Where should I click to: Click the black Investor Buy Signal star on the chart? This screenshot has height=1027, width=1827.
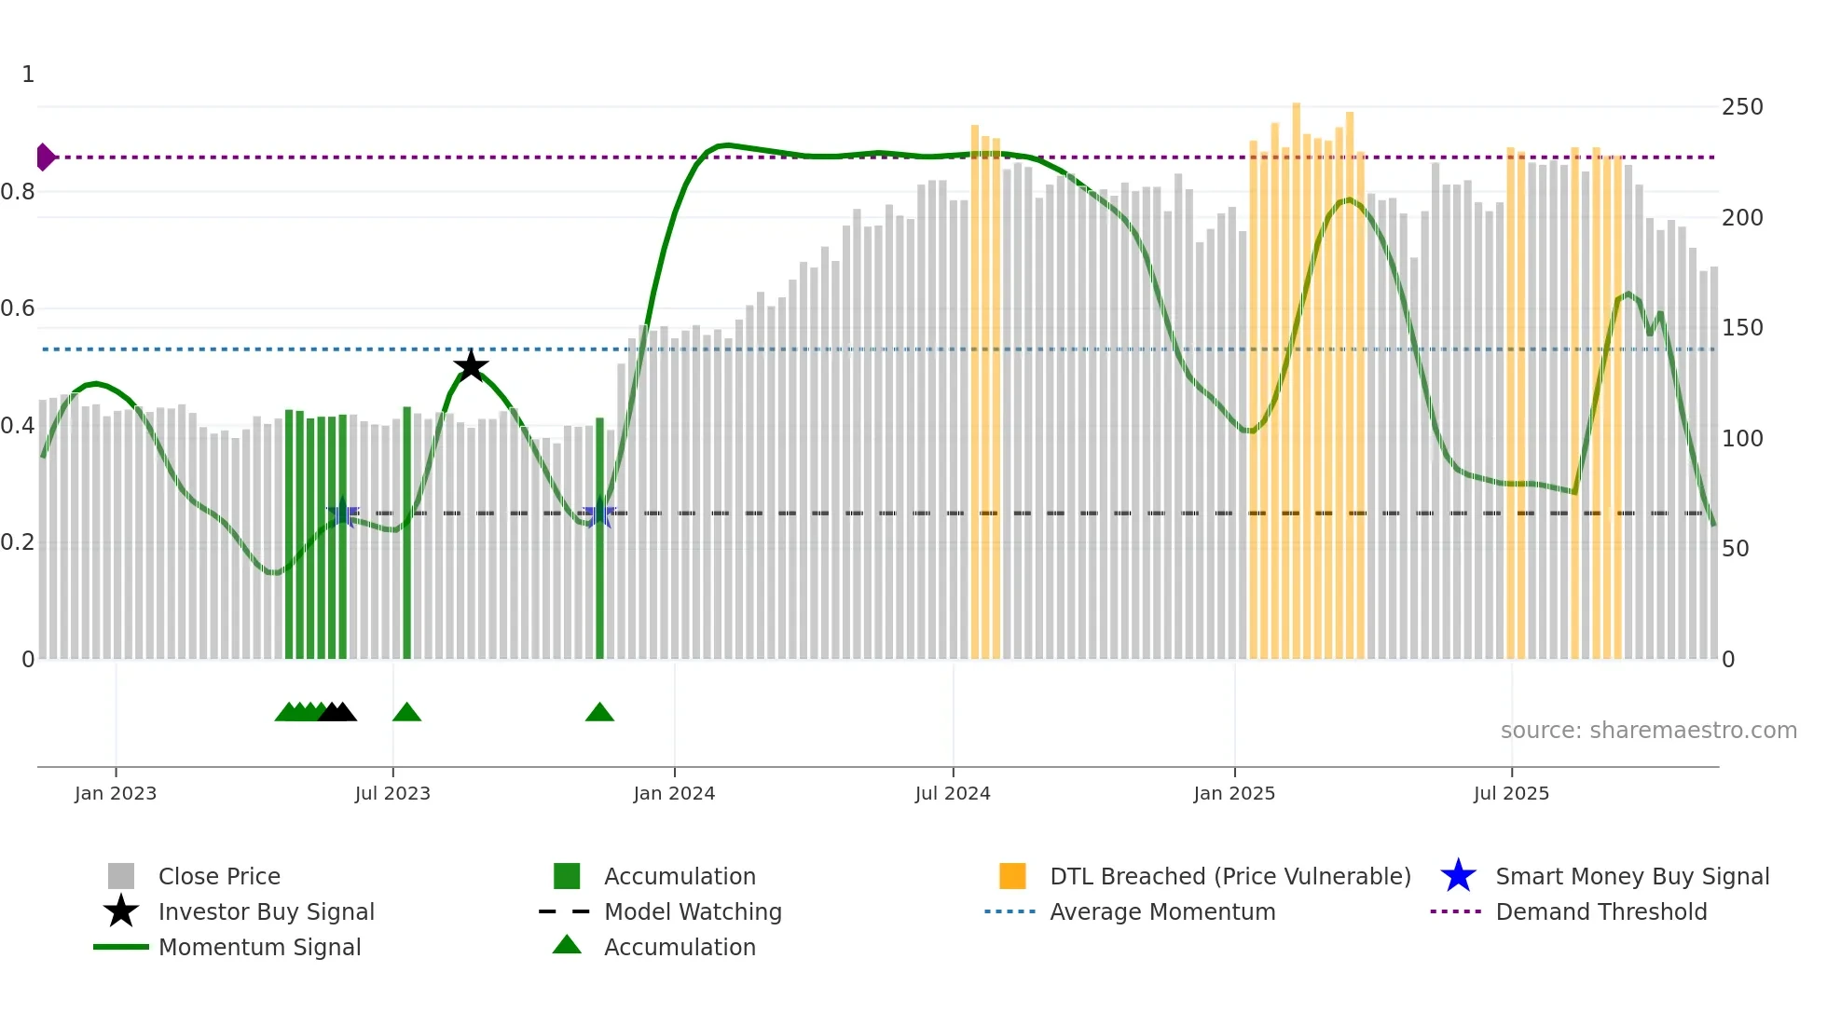471,366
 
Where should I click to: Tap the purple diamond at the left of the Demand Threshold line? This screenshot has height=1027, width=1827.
45,157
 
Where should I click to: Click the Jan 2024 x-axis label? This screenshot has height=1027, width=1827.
674,794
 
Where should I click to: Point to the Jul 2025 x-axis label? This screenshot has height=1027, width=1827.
1511,794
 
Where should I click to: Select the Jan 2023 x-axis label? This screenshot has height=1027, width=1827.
116,794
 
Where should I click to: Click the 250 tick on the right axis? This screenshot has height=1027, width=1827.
1741,107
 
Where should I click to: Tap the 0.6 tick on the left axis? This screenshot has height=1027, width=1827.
18,308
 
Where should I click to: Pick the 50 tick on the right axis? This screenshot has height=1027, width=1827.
1735,549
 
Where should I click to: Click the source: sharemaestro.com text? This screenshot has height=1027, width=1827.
1648,731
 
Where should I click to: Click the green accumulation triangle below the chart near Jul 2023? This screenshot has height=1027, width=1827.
406,713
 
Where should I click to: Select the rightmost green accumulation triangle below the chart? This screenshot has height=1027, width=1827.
599,713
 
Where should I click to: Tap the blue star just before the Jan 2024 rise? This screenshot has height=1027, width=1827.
598,514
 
